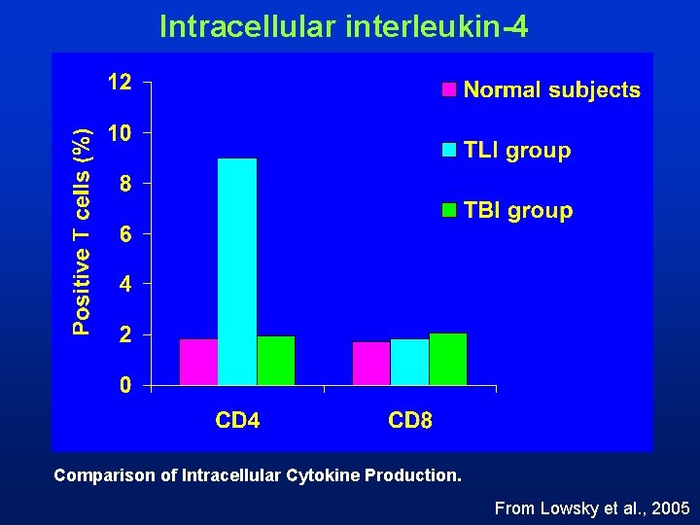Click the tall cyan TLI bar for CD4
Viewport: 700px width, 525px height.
[237, 271]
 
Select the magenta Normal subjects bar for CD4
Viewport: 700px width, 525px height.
[198, 362]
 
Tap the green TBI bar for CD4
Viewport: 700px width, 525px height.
[276, 361]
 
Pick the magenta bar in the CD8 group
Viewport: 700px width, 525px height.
[371, 364]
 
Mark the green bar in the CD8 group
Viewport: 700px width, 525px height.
[448, 359]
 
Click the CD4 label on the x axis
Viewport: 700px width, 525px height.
[236, 421]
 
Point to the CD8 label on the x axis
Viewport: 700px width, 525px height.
[410, 421]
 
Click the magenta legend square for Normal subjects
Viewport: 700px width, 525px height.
[449, 90]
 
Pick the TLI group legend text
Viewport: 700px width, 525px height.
[517, 151]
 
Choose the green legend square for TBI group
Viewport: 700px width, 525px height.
[449, 210]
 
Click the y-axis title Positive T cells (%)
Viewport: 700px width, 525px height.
[85, 231]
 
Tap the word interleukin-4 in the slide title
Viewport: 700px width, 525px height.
[436, 26]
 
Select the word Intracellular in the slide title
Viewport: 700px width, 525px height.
[247, 26]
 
